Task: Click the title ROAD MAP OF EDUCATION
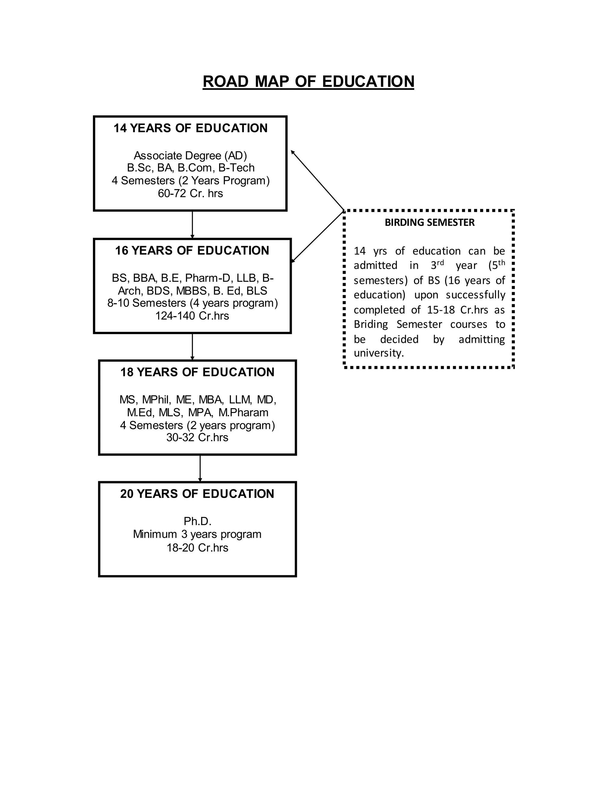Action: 308,82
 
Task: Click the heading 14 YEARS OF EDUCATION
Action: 190,128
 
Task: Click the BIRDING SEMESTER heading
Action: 430,222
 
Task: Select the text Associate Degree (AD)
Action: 190,155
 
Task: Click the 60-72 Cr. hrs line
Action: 190,193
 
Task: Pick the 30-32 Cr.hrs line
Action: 197,437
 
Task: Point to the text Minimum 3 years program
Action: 197,534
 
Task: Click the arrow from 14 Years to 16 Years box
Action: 192,224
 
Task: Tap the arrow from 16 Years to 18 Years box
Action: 192,347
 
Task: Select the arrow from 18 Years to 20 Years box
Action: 200,468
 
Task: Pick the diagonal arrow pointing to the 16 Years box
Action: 318,236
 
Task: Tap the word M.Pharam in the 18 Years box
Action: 243,412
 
